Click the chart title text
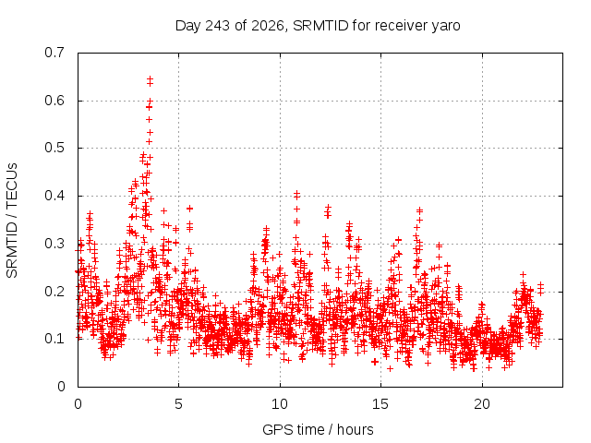coord(318,26)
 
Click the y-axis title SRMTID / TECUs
coord(12,221)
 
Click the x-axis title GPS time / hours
coord(318,430)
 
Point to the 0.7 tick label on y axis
coord(54,53)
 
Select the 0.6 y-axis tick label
coord(54,101)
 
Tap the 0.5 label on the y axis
coord(54,148)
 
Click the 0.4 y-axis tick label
coord(54,196)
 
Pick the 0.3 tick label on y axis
coord(54,244)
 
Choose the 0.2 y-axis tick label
coord(54,292)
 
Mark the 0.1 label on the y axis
coord(54,339)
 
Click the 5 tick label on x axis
coord(178,404)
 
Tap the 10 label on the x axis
coord(280,404)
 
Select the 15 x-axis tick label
coord(380,404)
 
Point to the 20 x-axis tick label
coord(482,404)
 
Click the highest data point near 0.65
coord(150,78)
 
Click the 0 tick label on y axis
coord(61,387)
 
